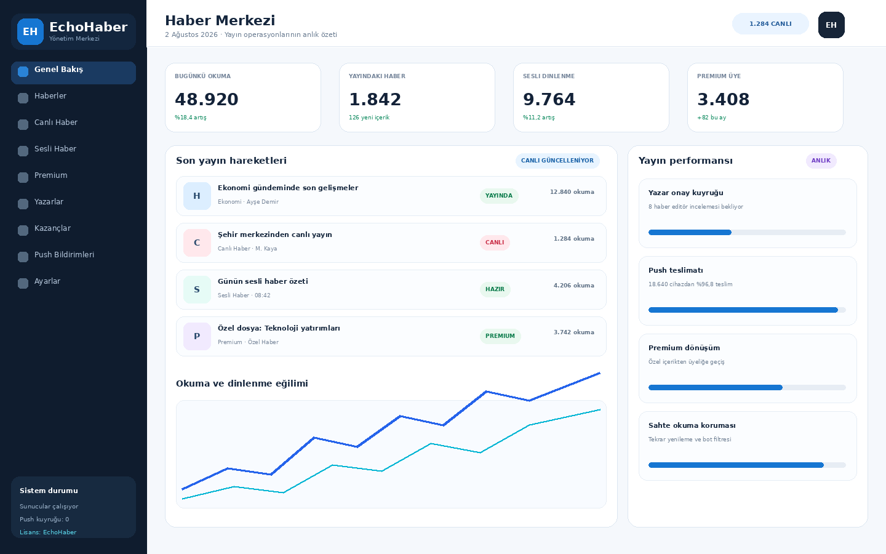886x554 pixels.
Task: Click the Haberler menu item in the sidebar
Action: point(50,96)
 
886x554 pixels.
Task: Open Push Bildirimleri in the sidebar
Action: point(64,255)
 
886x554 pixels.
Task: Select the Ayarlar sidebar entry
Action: point(47,281)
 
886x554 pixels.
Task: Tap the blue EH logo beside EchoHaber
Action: point(31,31)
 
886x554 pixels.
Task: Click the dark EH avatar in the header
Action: point(831,25)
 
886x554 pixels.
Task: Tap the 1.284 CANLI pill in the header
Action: point(770,24)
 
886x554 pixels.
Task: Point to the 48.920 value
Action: point(207,99)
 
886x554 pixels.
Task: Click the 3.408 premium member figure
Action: point(723,99)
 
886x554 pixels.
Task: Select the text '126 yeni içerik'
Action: point(369,118)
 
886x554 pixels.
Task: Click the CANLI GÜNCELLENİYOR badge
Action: point(557,161)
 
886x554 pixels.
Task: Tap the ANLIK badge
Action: point(821,161)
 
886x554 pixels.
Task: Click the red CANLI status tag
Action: point(495,243)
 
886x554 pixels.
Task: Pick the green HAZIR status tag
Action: point(495,289)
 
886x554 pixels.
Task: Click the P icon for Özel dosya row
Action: point(197,336)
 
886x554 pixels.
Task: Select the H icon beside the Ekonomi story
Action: point(197,196)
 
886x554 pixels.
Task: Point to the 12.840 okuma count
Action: point(572,192)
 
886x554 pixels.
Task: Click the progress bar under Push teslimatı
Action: point(747,310)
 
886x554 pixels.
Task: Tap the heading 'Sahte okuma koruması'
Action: point(692,425)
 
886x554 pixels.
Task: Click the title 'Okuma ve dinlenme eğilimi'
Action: point(242,383)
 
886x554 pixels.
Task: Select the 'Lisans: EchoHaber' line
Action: point(48,532)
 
